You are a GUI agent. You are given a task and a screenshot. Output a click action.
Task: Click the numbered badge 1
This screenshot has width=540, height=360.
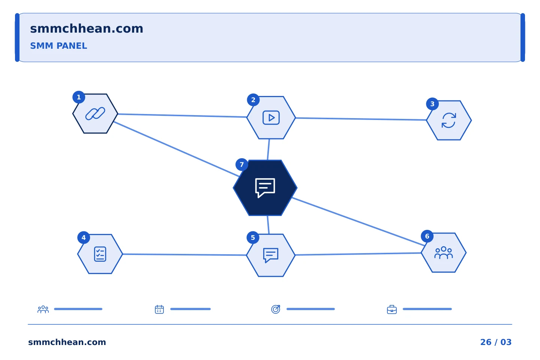79,97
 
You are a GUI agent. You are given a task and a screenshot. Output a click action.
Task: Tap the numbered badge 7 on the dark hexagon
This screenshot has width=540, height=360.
241,165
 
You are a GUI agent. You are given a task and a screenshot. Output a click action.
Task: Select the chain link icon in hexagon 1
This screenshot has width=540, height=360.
95,114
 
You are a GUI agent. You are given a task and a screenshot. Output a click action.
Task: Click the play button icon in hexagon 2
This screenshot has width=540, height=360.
271,118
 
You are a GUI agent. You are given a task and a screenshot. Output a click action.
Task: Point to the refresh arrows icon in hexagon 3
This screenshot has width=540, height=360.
448,120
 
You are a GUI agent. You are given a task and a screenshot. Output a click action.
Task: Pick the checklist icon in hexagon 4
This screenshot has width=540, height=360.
100,254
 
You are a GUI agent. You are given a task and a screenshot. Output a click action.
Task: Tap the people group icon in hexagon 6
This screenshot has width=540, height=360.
444,252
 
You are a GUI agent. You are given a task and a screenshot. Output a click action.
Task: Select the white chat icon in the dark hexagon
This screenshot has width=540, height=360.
265,188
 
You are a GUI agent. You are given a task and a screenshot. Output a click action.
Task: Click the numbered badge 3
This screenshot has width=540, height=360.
432,104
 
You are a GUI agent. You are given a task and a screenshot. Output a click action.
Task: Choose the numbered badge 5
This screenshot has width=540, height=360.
253,238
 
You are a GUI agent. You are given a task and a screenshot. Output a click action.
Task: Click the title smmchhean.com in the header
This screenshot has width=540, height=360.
87,29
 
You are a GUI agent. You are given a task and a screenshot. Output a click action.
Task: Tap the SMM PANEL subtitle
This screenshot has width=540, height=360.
58,46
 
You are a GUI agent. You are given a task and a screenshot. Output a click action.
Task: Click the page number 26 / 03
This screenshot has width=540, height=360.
496,342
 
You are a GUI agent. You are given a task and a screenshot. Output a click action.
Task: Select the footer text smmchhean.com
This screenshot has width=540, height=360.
67,342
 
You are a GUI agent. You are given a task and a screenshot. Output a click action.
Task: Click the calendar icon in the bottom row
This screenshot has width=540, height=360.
159,309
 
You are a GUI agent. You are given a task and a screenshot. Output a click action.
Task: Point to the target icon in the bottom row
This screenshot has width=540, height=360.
276,309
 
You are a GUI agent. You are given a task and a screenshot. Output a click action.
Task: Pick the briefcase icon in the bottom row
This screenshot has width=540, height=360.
392,309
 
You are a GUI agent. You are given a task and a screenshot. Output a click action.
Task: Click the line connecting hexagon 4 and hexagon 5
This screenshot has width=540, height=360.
184,255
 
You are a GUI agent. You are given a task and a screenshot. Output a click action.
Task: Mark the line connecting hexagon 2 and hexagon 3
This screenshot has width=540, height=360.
361,119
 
